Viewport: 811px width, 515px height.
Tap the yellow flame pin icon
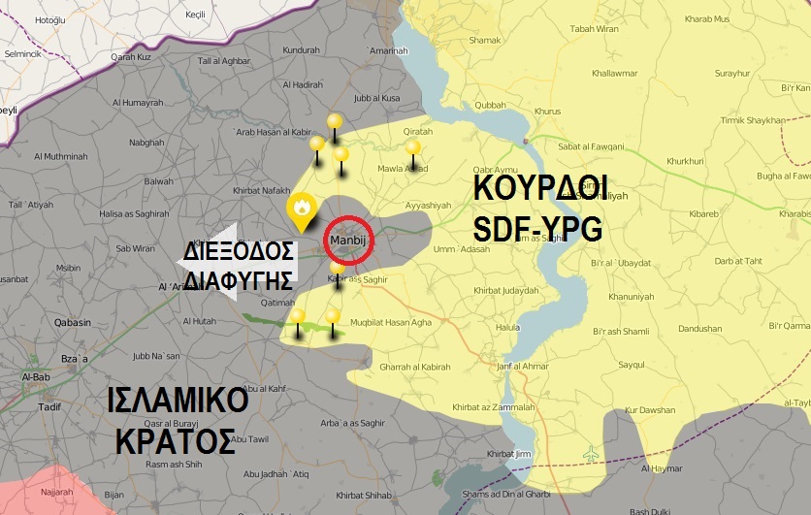coord(301,208)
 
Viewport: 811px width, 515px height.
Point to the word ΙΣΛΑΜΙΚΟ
coord(178,401)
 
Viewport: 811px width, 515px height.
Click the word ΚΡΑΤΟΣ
coord(175,441)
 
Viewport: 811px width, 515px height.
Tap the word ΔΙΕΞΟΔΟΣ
coord(239,252)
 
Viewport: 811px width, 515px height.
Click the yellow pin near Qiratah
coord(413,149)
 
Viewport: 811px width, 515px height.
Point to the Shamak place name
coord(484,41)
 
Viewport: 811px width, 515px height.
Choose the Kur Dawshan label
coord(650,410)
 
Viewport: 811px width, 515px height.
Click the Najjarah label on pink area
coord(56,492)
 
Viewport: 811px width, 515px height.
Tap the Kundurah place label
coord(301,50)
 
